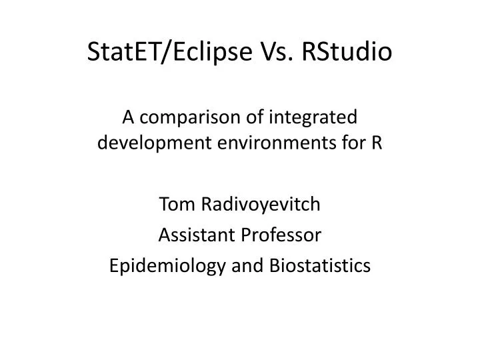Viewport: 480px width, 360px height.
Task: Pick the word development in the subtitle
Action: click(x=139, y=142)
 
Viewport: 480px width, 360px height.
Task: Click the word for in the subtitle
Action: click(x=353, y=142)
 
